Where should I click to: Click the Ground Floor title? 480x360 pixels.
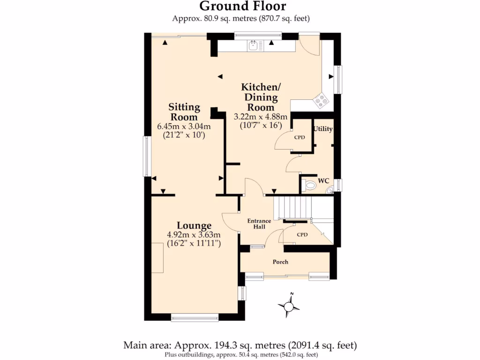242,7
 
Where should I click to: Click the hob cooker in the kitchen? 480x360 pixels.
321,100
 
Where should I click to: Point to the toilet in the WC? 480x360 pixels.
310,186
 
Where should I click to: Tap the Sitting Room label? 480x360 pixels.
184,112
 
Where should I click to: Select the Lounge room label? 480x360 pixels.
194,225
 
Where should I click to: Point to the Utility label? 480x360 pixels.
323,129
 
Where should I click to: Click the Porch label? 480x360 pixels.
280,262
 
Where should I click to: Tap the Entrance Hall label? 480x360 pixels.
259,224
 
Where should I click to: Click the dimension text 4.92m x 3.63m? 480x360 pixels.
194,235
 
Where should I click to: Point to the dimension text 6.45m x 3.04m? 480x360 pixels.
184,126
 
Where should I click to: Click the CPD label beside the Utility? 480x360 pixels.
300,138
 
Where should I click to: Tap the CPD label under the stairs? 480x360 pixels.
302,234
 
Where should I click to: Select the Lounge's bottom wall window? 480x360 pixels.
195,317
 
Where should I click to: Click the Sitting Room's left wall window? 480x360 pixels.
147,156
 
